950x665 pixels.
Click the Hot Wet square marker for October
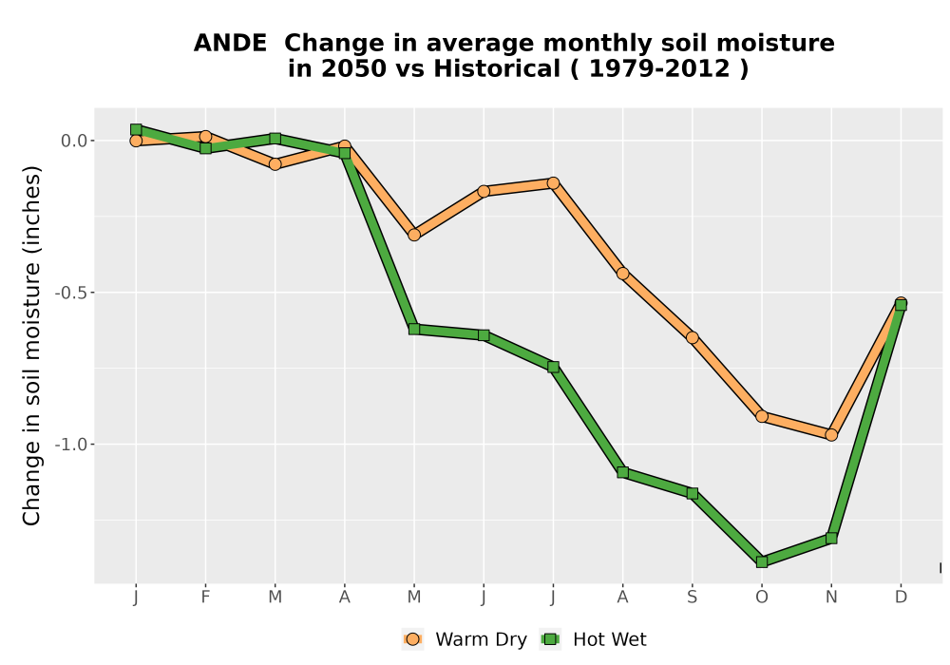click(762, 561)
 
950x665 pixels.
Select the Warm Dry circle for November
click(831, 435)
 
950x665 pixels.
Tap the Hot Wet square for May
click(414, 329)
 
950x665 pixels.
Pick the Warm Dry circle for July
click(553, 183)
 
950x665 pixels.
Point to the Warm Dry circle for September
click(692, 337)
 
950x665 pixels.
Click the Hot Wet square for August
click(623, 472)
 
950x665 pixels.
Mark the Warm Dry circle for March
click(275, 164)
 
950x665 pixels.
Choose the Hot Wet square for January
click(136, 129)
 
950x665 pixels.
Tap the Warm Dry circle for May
click(414, 235)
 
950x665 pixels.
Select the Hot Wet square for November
click(831, 538)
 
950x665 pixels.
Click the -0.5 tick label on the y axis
click(71, 293)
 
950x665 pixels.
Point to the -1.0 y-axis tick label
click(71, 445)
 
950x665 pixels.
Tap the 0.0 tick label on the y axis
click(74, 142)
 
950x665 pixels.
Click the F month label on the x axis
click(205, 598)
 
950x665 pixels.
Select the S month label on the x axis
click(692, 598)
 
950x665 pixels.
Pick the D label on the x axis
click(901, 598)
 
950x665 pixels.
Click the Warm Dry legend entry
click(465, 639)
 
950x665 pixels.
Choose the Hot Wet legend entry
click(593, 639)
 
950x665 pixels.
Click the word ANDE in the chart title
click(230, 44)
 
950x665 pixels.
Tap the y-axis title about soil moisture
click(31, 345)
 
